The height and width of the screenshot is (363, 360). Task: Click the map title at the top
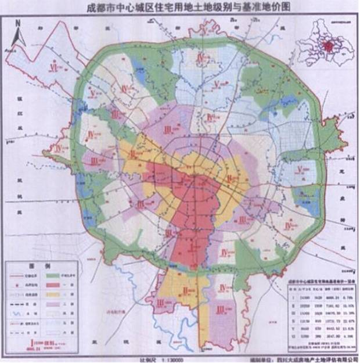point(180,8)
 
